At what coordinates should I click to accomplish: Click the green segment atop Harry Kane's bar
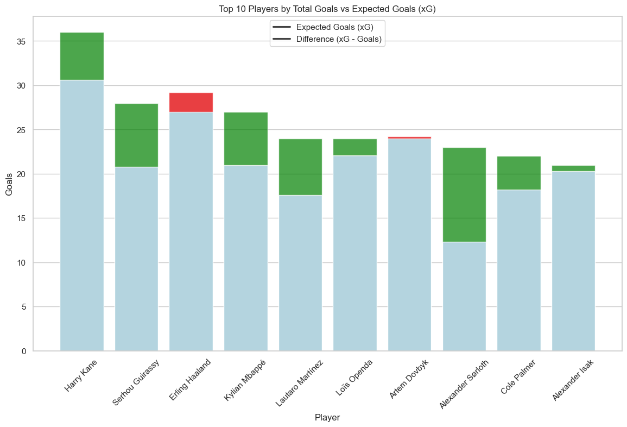82,56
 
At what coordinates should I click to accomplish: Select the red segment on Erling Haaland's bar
191,102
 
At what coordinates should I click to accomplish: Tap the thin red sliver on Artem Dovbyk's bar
409,137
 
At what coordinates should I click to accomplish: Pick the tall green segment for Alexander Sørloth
464,194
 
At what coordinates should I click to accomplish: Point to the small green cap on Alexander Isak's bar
574,168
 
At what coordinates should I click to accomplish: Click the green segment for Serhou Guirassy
136,135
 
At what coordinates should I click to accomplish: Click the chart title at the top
327,8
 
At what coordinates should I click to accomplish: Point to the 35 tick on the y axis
23,41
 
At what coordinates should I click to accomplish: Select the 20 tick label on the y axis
23,174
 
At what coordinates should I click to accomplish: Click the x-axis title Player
327,417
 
